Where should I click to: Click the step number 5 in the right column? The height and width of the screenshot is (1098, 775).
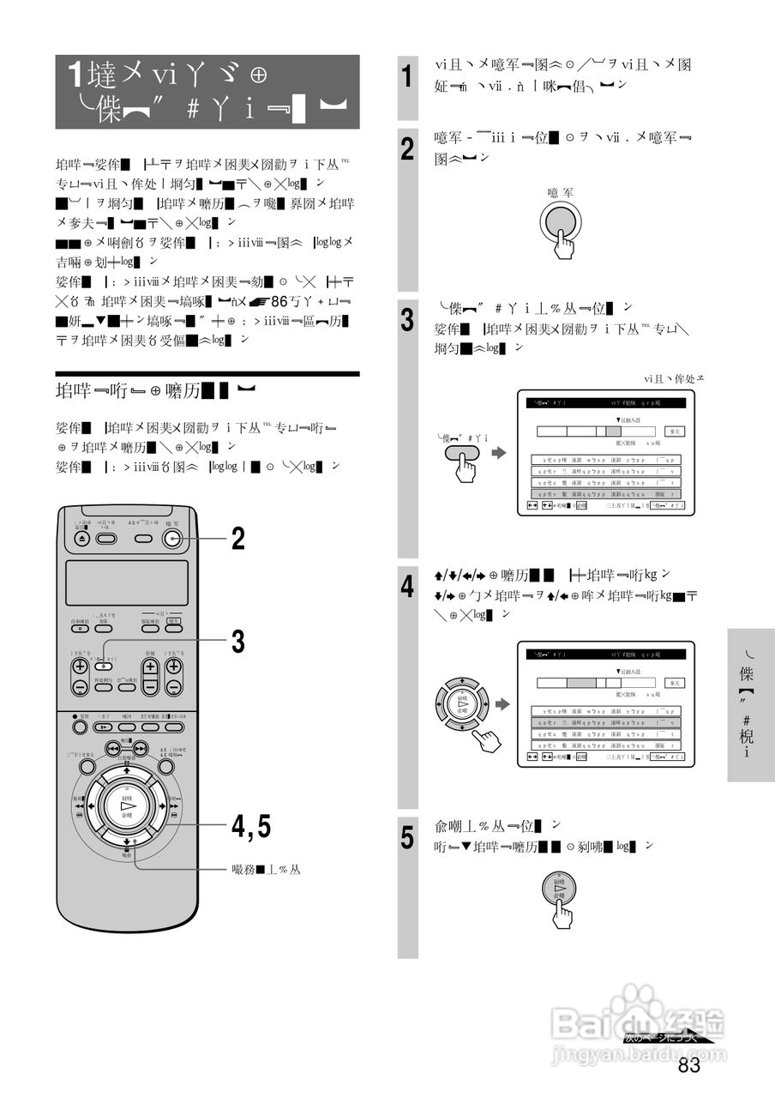click(x=409, y=836)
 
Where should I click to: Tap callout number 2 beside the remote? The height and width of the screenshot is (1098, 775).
click(x=238, y=539)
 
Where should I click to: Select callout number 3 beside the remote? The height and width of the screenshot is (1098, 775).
click(x=238, y=640)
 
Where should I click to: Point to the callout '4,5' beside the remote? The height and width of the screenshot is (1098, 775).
click(x=250, y=826)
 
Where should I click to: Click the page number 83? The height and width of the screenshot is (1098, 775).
click(x=688, y=1065)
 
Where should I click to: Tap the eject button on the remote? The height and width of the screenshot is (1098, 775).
click(x=81, y=540)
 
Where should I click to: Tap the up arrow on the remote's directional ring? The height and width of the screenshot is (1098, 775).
click(x=127, y=769)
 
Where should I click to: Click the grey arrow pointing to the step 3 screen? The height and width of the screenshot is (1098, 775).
click(x=498, y=452)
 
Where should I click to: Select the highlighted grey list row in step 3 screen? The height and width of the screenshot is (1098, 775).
click(x=605, y=493)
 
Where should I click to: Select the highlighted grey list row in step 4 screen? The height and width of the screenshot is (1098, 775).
click(x=605, y=722)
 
